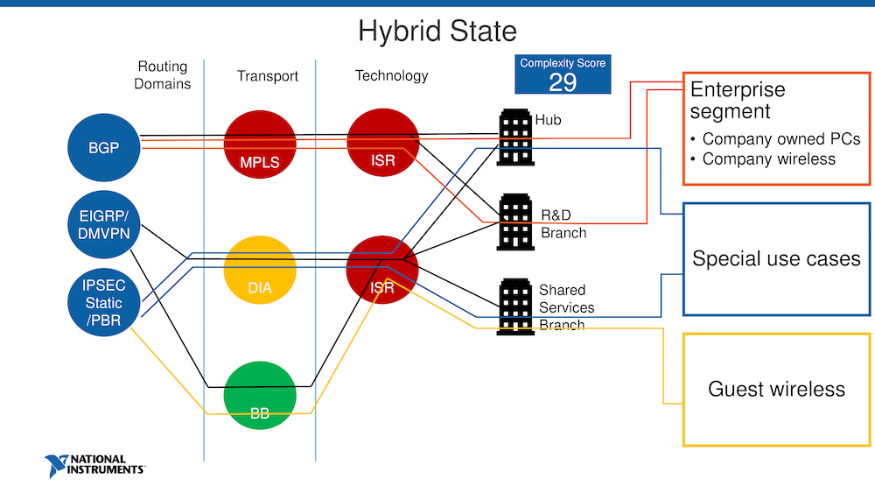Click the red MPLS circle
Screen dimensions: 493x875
(x=260, y=145)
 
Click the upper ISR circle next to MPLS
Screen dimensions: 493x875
(x=383, y=144)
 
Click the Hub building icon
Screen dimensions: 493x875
(x=515, y=137)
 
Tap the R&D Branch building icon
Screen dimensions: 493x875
(x=515, y=219)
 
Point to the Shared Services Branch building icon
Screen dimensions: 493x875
(x=515, y=306)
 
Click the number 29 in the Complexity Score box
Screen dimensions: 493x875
(x=562, y=82)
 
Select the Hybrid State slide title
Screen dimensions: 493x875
(x=437, y=32)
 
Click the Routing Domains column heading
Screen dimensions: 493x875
(x=164, y=75)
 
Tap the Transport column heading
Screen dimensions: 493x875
(x=268, y=76)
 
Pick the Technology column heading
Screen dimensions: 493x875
(x=391, y=75)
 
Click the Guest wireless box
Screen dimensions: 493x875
(x=776, y=390)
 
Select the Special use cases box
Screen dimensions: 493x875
(x=776, y=259)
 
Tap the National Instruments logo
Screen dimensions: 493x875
(x=96, y=464)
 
